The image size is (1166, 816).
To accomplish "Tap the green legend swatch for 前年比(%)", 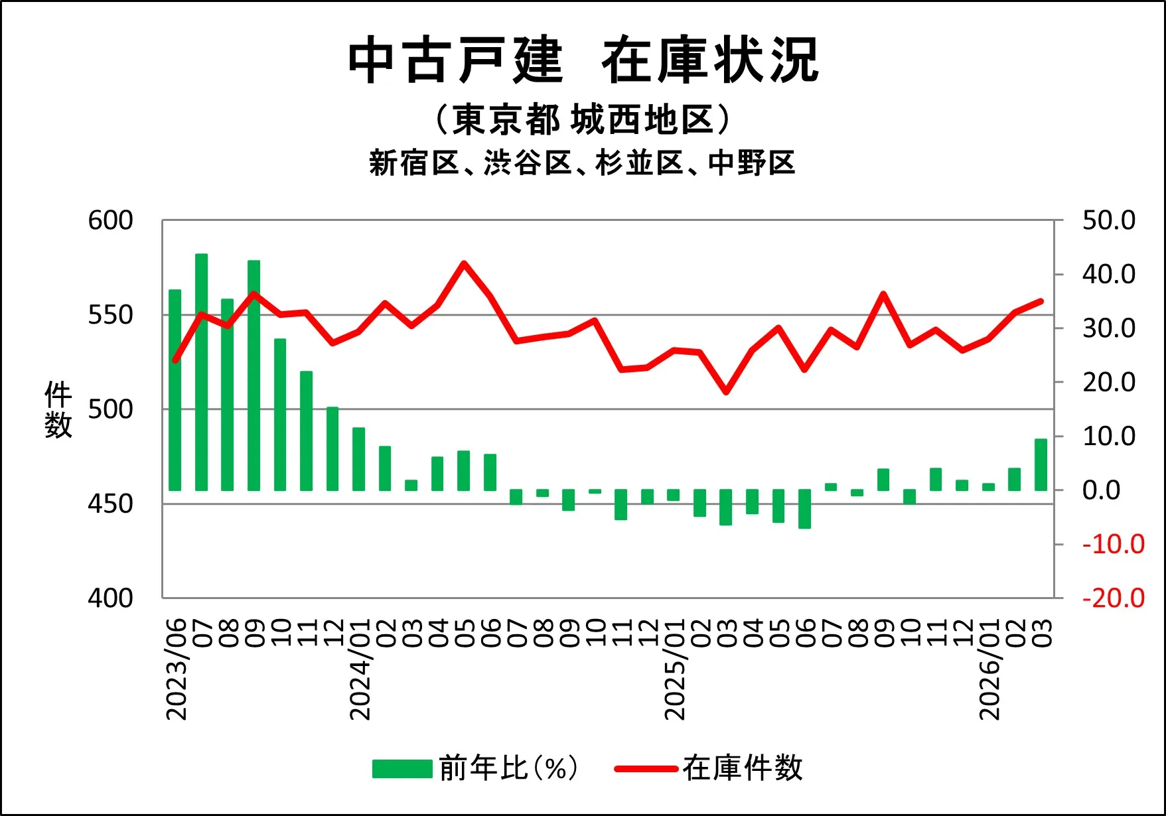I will (402, 768).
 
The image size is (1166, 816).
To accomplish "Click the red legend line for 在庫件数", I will (646, 769).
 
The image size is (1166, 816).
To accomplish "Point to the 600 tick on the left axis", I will (110, 221).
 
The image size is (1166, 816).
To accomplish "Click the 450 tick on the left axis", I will (110, 504).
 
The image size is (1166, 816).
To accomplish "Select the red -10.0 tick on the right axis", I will (1113, 545).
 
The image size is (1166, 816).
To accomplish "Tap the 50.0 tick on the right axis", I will (1108, 221).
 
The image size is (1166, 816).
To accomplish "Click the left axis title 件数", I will (58, 409).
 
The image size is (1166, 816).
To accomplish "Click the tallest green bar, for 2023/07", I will (202, 372).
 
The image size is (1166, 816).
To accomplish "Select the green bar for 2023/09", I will (254, 375).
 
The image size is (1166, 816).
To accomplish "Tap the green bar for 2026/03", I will (1041, 464).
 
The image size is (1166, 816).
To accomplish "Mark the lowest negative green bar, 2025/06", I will (805, 509).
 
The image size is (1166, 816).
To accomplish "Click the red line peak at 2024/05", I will (464, 264).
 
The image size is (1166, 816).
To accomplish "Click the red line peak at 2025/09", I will (883, 294).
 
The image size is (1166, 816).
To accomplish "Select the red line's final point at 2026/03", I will (1041, 301).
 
